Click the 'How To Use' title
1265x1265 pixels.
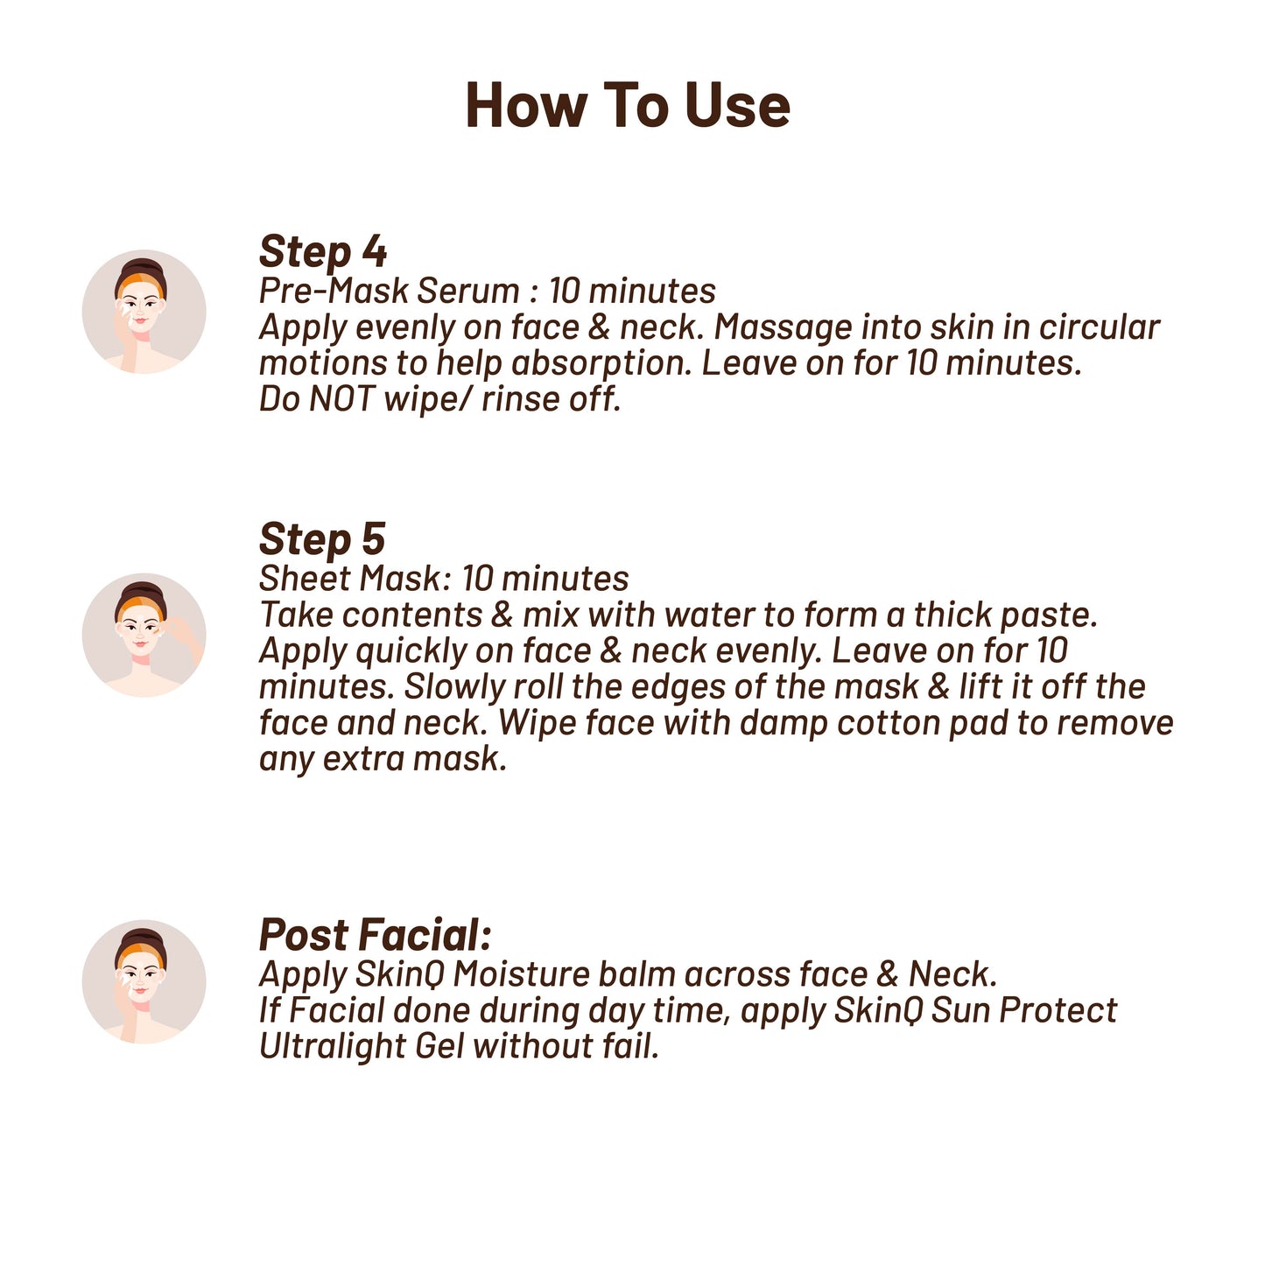628,105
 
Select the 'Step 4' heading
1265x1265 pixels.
323,251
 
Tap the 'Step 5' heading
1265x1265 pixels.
322,539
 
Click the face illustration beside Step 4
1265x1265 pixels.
144,312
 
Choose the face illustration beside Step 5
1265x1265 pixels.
144,635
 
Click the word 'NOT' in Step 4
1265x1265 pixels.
341,398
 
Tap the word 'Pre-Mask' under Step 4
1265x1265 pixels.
334,291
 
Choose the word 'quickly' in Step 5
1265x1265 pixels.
411,651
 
